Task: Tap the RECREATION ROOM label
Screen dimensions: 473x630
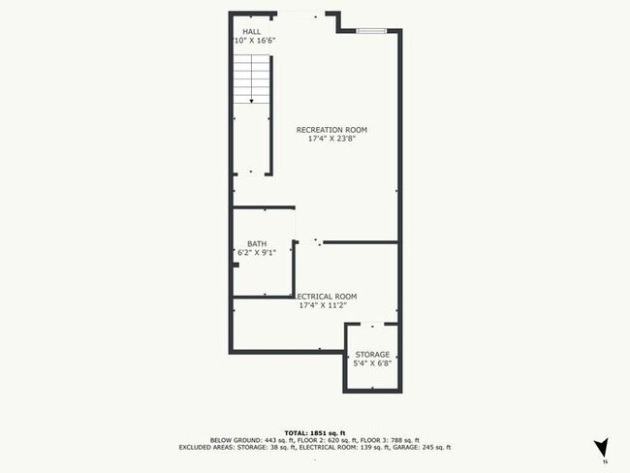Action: [x=331, y=129]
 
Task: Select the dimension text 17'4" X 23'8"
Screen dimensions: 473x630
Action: [x=331, y=138]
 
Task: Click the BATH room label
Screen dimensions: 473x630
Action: [x=257, y=244]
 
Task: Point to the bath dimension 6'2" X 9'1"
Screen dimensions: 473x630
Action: [x=257, y=253]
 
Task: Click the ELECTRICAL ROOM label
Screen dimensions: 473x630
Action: [x=327, y=296]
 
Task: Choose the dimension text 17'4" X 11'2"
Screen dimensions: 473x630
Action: [x=324, y=305]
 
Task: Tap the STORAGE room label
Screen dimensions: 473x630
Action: [x=372, y=355]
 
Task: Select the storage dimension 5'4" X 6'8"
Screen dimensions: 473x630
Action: [x=372, y=363]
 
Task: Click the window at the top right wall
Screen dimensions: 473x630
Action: [x=371, y=31]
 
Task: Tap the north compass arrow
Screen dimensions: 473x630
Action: [x=601, y=447]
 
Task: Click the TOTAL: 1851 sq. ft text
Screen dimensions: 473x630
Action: [x=315, y=431]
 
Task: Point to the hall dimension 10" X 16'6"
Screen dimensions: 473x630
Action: [x=255, y=41]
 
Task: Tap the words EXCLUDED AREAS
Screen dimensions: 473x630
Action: [x=205, y=447]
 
